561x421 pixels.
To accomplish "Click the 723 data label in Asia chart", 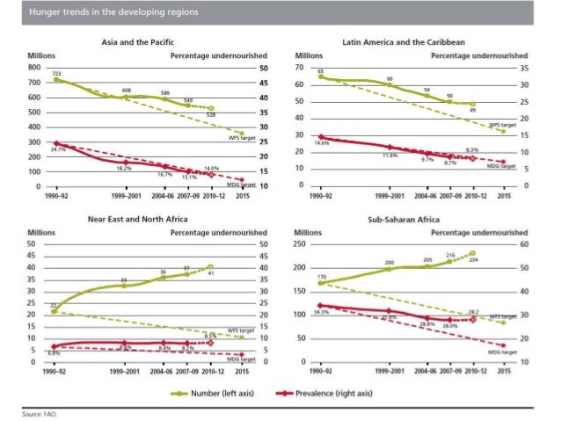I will click(x=57, y=72).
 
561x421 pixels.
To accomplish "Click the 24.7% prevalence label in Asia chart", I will click(x=59, y=150).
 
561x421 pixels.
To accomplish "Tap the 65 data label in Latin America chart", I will click(x=321, y=71).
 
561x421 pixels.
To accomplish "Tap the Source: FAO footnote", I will click(x=34, y=411).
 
